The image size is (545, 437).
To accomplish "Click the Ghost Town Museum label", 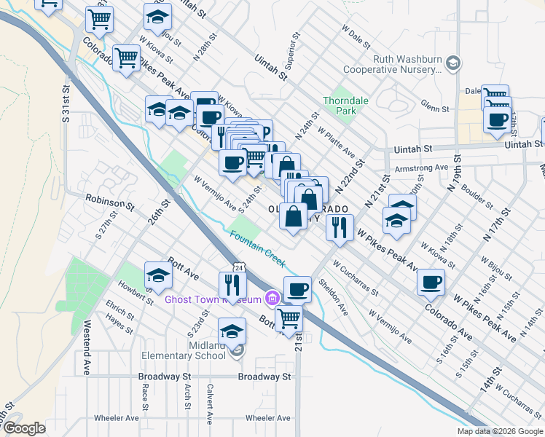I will (212, 299).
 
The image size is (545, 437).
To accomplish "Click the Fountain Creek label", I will (256, 248).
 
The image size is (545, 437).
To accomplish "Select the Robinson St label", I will (109, 202).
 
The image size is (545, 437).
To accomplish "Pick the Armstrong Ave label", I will (420, 168).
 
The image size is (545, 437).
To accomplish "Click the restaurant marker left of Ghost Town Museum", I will (232, 284).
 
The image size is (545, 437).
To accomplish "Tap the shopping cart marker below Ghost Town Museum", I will (289, 318).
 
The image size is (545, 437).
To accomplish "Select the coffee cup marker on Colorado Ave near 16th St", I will (431, 282).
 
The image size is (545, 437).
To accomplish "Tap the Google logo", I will (25, 429).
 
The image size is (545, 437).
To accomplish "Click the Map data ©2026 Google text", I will (500, 431).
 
